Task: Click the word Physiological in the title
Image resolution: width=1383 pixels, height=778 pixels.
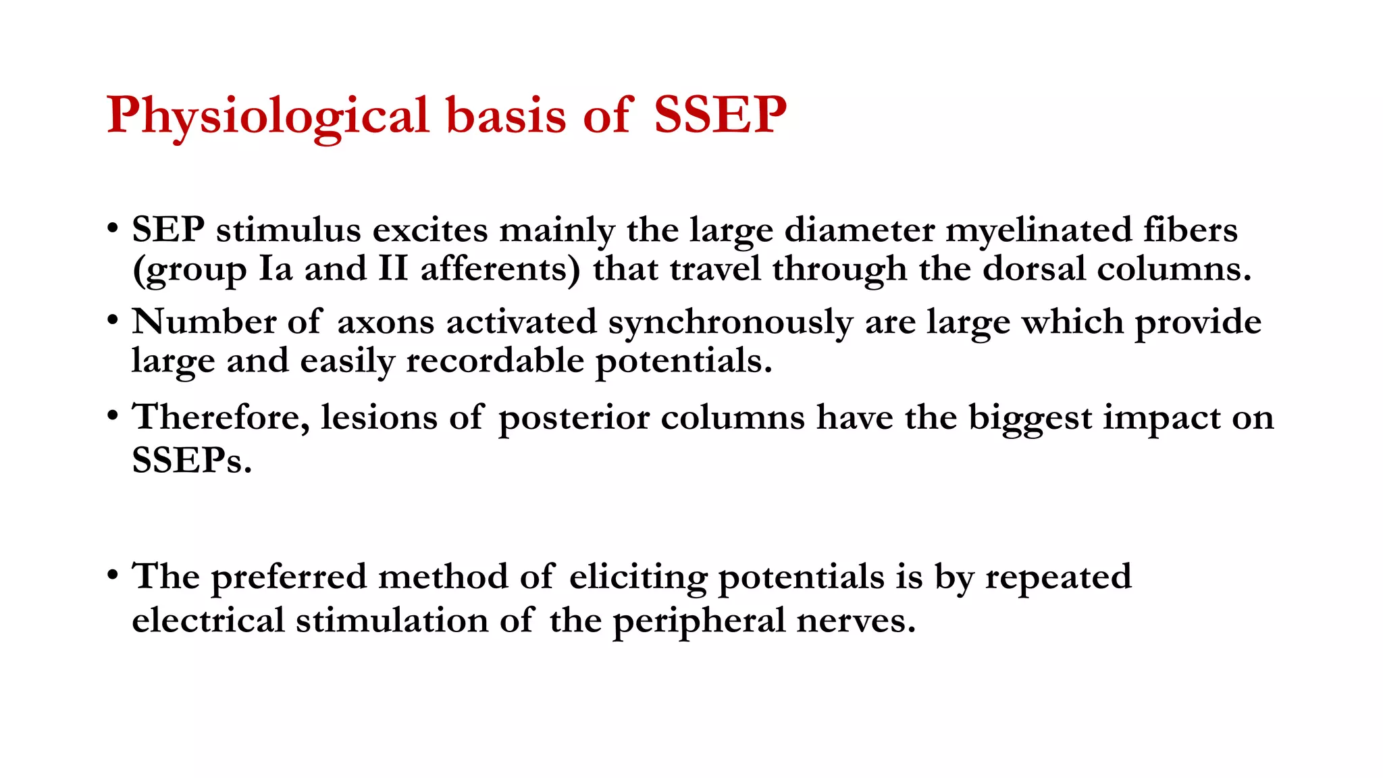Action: click(x=267, y=116)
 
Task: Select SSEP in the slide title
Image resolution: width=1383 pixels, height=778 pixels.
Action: click(x=720, y=115)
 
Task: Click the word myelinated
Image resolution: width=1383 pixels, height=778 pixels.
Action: click(x=1038, y=230)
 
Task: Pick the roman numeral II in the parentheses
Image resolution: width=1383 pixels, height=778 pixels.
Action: click(x=393, y=269)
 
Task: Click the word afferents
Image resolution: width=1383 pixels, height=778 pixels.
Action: click(x=500, y=269)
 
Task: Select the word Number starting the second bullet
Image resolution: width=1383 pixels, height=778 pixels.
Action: click(x=203, y=321)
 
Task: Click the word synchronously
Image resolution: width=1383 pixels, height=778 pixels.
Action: click(x=730, y=323)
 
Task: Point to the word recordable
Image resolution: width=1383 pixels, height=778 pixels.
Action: click(x=494, y=361)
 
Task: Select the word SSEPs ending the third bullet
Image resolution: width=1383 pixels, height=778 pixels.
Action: click(x=191, y=461)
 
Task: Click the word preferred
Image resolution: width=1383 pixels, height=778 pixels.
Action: click(x=288, y=577)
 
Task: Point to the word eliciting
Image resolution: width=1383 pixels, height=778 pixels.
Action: click(x=637, y=577)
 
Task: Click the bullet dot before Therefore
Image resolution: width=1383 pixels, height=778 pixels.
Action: click(x=113, y=415)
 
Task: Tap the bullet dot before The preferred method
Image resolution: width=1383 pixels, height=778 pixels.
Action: click(x=113, y=575)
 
